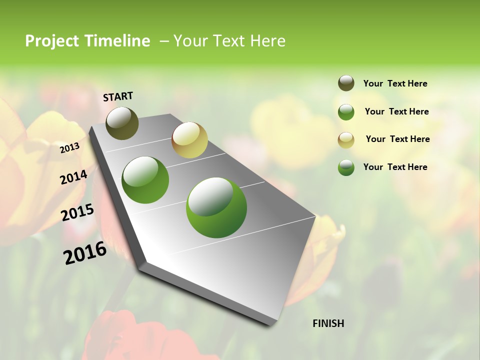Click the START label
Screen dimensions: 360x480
[x=118, y=96]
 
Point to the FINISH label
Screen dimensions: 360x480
[x=328, y=323]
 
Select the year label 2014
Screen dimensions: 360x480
[x=73, y=177]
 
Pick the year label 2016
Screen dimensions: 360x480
[x=85, y=253]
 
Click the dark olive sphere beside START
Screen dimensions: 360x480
[x=122, y=123]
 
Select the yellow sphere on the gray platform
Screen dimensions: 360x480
[x=189, y=140]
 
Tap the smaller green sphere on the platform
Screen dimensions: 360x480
[x=145, y=180]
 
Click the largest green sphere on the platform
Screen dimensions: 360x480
[x=216, y=207]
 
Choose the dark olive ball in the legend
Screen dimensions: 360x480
[x=346, y=83]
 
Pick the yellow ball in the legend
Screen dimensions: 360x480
[x=346, y=139]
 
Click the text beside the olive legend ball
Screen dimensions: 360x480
[x=395, y=83]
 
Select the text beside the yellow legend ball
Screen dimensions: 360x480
[x=397, y=139]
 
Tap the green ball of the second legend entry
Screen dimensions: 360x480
[x=346, y=112]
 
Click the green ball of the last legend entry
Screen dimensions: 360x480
[x=346, y=167]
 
